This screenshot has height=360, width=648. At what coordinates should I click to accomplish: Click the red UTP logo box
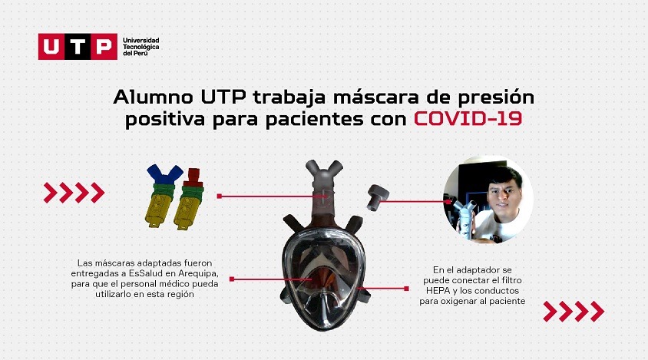pos(77,47)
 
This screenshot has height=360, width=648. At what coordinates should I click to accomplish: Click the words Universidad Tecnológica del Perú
pos(141,46)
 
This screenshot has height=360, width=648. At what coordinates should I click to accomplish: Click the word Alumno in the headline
pos(153,98)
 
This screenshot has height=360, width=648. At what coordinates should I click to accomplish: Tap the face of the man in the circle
pos(504,197)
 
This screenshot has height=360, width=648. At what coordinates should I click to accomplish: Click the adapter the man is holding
pos(466,214)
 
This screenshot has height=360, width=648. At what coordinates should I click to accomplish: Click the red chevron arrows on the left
pos(74,192)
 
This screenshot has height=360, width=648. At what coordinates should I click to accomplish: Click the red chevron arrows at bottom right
pos(574,312)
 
